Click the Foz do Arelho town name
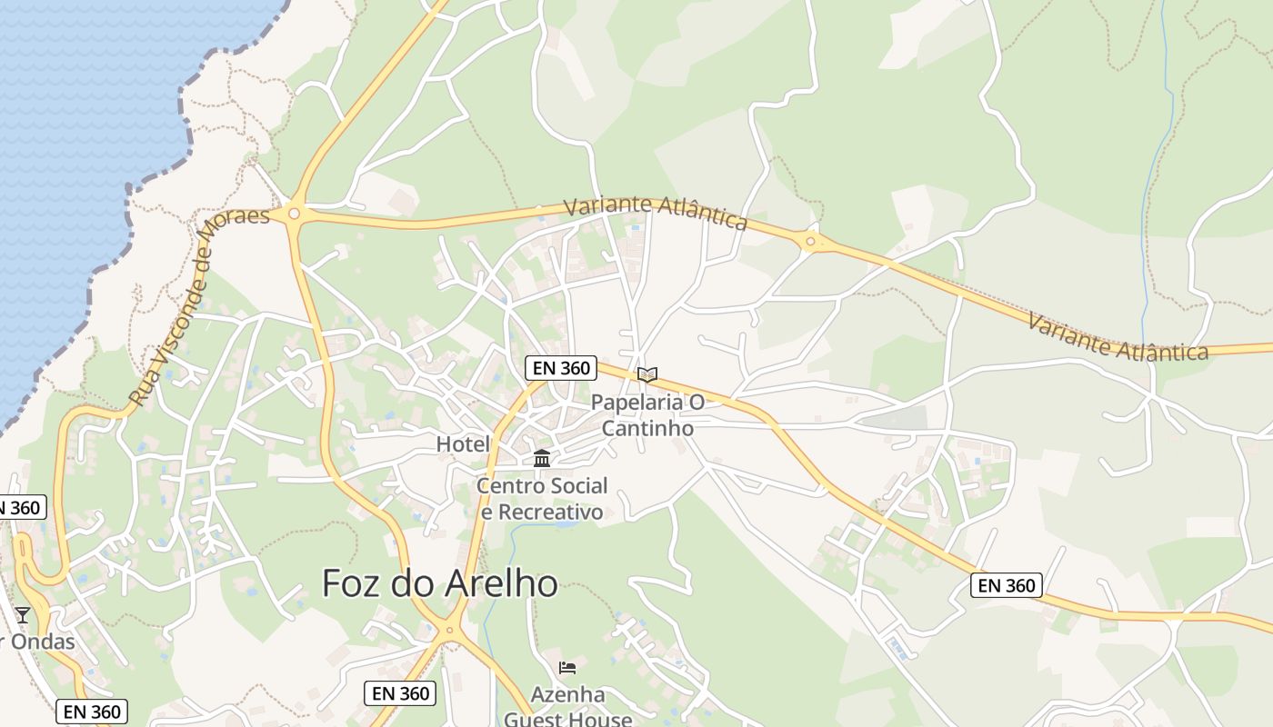click(440, 583)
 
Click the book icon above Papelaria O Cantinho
click(647, 374)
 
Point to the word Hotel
click(463, 444)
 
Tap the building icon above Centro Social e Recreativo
click(542, 458)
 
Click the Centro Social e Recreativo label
click(542, 499)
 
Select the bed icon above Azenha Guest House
click(567, 668)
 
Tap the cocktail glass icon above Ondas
click(23, 615)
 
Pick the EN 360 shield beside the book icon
click(560, 368)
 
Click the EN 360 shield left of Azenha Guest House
click(400, 693)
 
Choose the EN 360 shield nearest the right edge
click(1006, 585)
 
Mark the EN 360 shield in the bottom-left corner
click(91, 712)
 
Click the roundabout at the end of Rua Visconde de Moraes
click(294, 214)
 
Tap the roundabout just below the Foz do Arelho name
click(449, 631)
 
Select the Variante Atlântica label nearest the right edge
click(1118, 337)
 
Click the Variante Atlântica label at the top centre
click(655, 213)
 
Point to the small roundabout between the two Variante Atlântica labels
click(810, 241)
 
